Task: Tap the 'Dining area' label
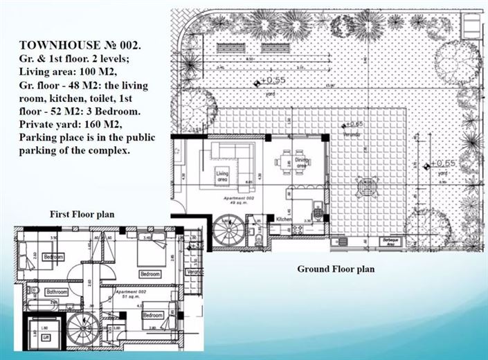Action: pos(301,164)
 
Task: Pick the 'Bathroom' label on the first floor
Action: pos(55,292)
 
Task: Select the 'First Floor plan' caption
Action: pos(82,215)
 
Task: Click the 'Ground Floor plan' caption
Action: pos(336,269)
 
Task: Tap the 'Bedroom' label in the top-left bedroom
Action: pos(53,257)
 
